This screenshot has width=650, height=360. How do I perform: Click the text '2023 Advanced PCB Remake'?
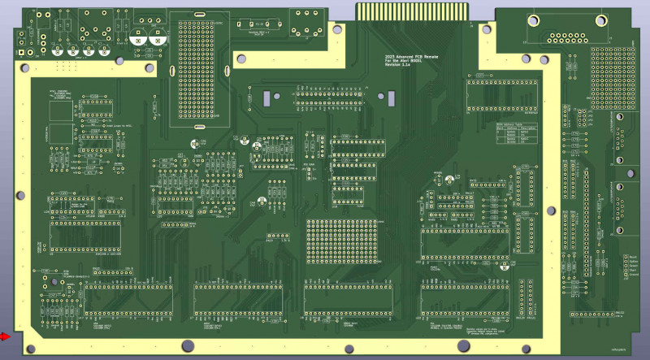[408, 56]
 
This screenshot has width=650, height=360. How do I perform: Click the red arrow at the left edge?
[6, 336]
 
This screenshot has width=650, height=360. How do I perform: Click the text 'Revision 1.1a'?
[398, 66]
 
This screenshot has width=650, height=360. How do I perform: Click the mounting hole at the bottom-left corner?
[30, 349]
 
